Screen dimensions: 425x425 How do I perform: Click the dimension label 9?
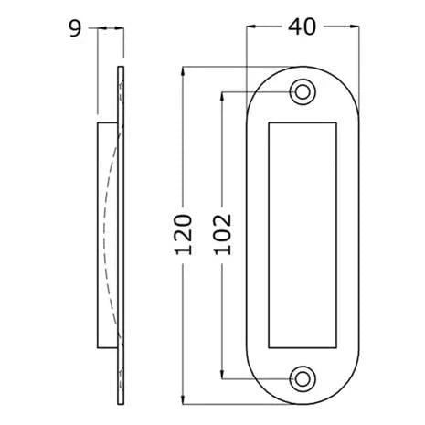point(75,28)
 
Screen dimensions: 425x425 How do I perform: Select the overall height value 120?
point(182,234)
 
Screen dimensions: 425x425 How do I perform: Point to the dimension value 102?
point(222,234)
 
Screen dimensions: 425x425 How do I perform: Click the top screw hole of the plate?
point(301,91)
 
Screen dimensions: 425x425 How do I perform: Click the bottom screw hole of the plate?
point(301,377)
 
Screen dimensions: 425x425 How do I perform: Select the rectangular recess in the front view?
point(301,234)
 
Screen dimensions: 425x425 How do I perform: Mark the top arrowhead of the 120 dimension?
point(183,71)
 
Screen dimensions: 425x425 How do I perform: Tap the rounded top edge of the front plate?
point(301,68)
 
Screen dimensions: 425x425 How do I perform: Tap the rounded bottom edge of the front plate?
point(301,401)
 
